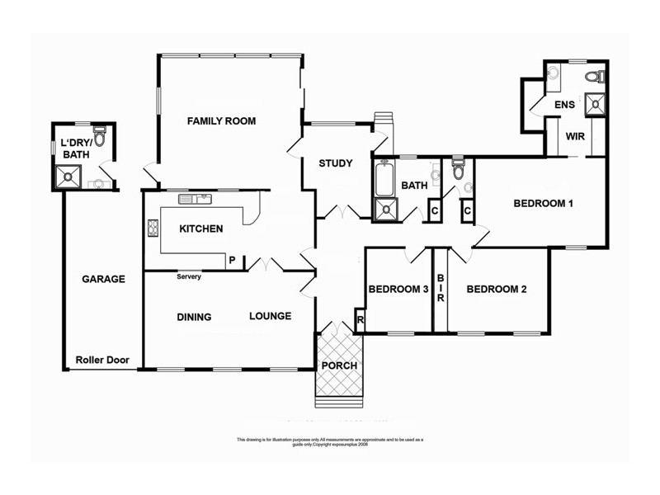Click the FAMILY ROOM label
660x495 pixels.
221,121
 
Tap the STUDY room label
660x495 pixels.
336,163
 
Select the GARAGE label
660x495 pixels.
103,279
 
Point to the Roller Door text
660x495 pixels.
100,360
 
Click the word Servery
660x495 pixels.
189,276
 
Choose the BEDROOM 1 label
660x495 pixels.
543,203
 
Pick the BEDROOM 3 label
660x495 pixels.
398,290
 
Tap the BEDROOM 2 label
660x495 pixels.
497,290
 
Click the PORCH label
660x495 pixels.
339,365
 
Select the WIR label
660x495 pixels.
575,137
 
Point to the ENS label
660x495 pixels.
564,105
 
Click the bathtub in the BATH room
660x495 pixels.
384,180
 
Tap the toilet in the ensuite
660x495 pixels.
595,77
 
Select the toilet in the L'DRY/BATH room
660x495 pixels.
100,137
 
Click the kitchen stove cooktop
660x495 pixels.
153,229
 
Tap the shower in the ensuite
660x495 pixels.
594,104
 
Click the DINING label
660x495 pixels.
194,317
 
